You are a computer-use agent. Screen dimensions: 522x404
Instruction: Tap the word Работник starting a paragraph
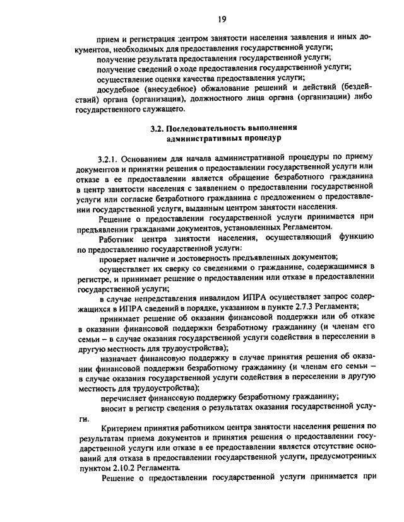tap(119, 236)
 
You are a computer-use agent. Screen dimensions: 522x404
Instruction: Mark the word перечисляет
tap(127, 397)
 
